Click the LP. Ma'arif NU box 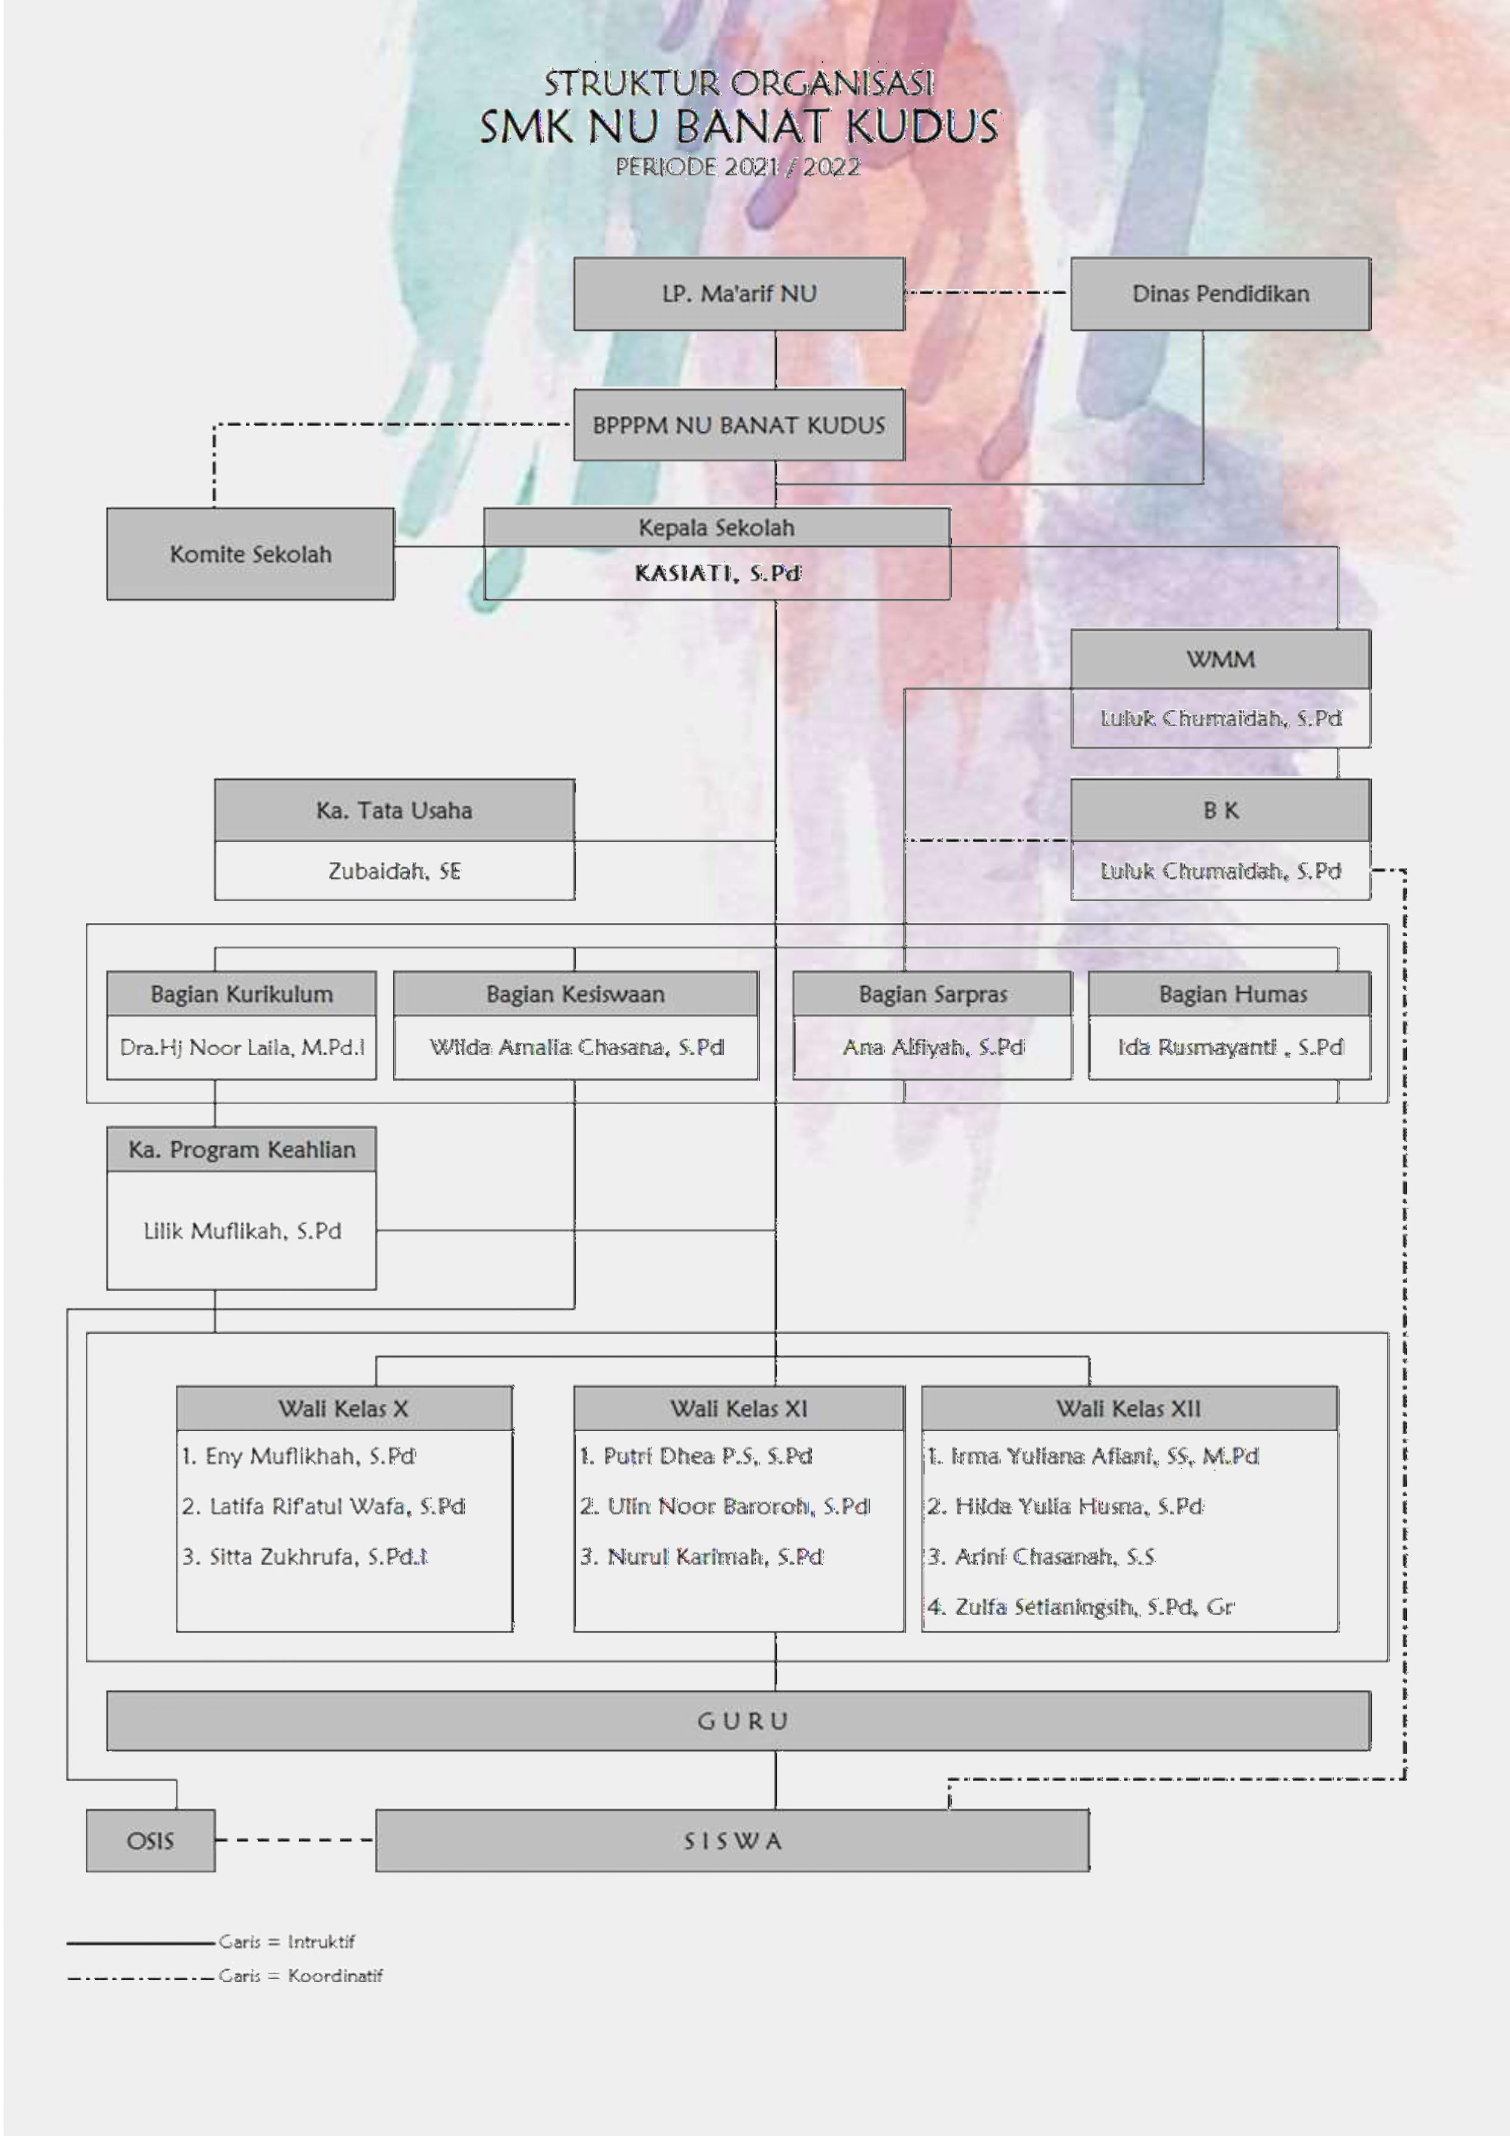[x=739, y=294]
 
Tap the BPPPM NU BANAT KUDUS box [x=739, y=425]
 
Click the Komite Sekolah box [x=250, y=553]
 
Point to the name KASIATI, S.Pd [x=718, y=573]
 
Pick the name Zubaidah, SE [x=394, y=870]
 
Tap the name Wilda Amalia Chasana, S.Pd [x=577, y=1048]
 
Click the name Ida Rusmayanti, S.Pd [x=1230, y=1048]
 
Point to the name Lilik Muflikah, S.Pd [x=242, y=1231]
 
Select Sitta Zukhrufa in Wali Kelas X [x=304, y=1556]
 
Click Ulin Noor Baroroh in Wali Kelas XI [x=725, y=1506]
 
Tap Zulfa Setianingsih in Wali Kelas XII [x=1080, y=1606]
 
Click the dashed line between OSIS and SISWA [x=295, y=1839]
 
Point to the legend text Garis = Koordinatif [x=301, y=1975]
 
